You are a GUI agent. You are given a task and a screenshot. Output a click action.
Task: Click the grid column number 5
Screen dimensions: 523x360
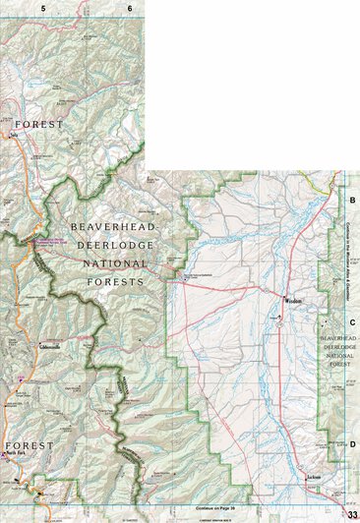[x=44, y=8]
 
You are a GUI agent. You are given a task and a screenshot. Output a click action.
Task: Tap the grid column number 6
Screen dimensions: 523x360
[x=129, y=8]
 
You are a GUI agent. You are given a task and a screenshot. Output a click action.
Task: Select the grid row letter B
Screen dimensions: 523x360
[x=352, y=201]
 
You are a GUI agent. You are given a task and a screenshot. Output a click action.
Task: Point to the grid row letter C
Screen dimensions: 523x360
[x=352, y=321]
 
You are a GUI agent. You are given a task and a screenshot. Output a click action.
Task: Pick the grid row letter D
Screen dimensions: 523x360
[x=352, y=443]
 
